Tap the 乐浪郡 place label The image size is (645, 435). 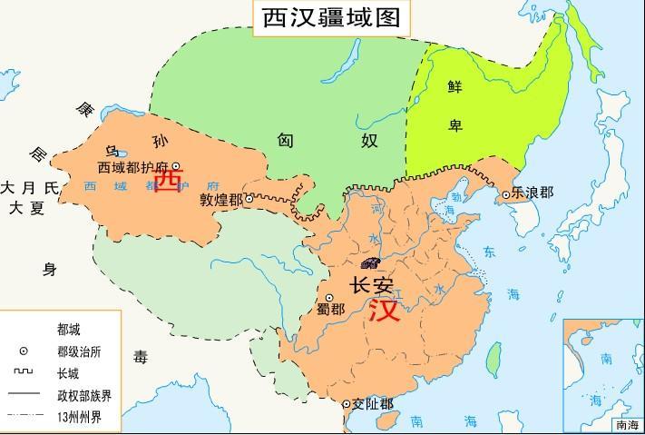[x=532, y=193]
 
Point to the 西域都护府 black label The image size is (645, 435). [x=134, y=167]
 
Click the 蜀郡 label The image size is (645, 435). [x=329, y=309]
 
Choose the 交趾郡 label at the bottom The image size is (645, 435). [x=373, y=405]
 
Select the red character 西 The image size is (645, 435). [x=168, y=181]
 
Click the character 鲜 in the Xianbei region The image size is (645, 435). [x=454, y=87]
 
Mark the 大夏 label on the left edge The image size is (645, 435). [x=26, y=208]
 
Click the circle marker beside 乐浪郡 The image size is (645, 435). [x=506, y=193]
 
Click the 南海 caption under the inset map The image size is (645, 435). [x=627, y=424]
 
